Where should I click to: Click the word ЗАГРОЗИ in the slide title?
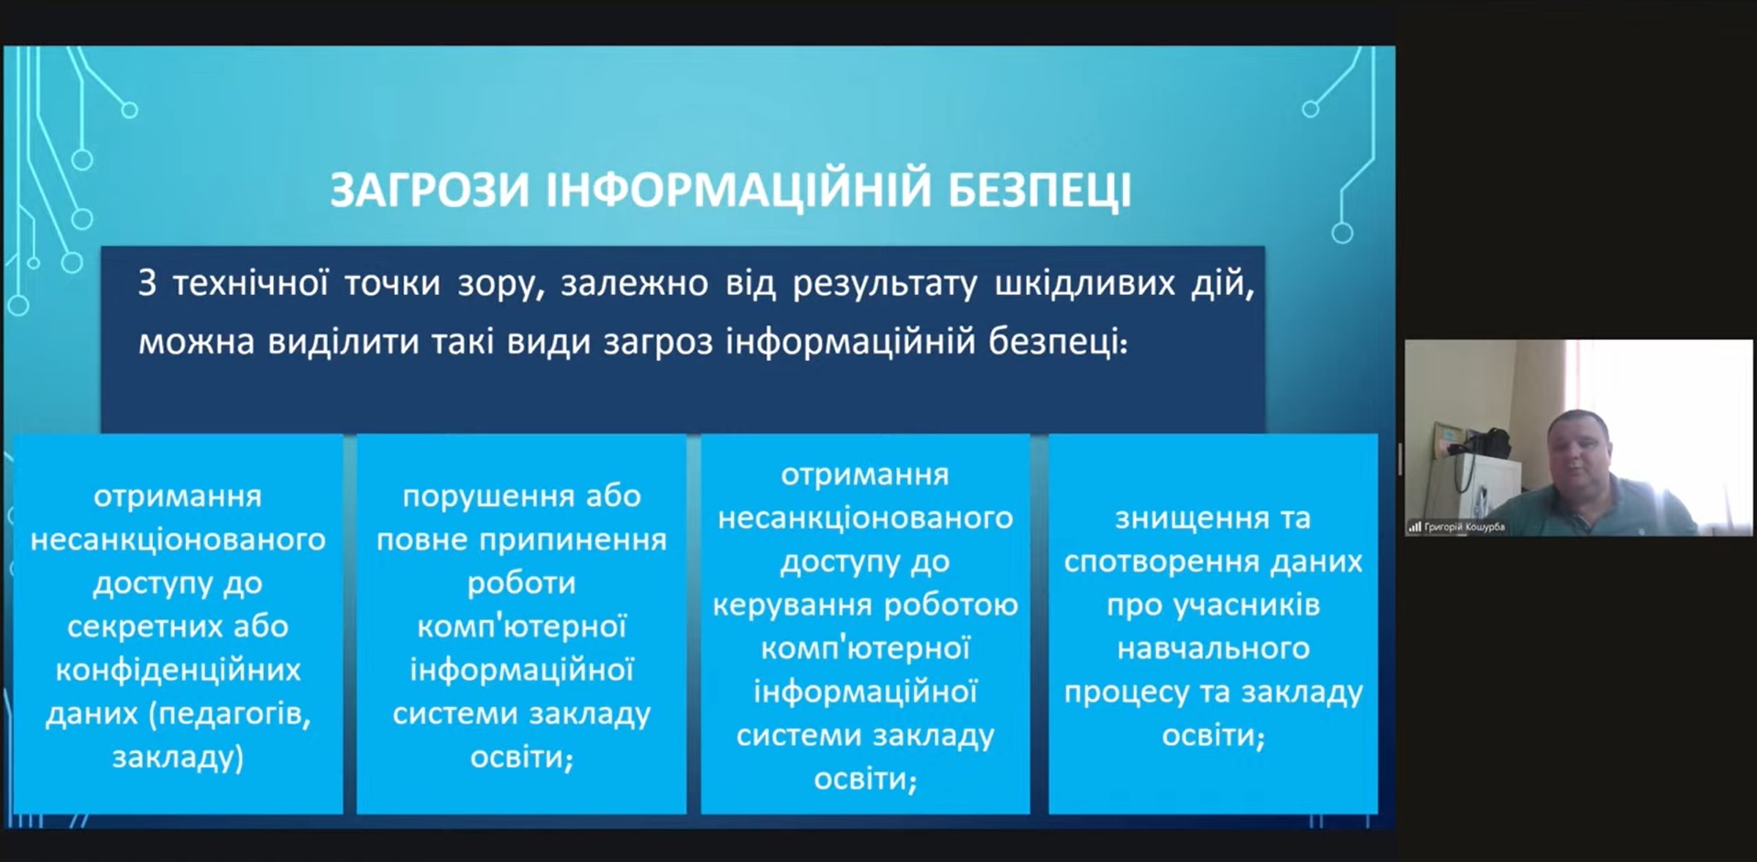430,190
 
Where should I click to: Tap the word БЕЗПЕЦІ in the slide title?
1039,191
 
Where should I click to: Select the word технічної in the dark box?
250,283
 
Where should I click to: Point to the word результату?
885,284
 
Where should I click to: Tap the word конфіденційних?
178,671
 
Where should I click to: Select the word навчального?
1214,649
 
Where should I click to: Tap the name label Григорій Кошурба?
1464,527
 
